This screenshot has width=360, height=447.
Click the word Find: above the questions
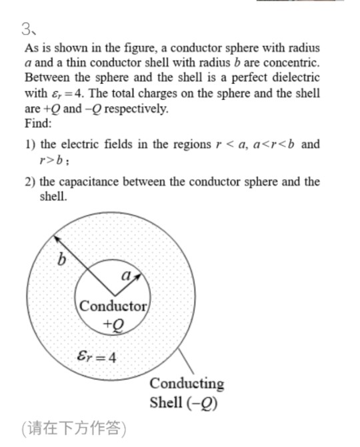click(37, 123)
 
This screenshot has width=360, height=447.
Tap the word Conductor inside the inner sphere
click(113, 307)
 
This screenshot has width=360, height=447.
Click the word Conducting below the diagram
click(187, 384)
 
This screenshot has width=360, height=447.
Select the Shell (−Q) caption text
click(185, 402)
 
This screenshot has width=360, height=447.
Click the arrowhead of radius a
click(139, 274)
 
